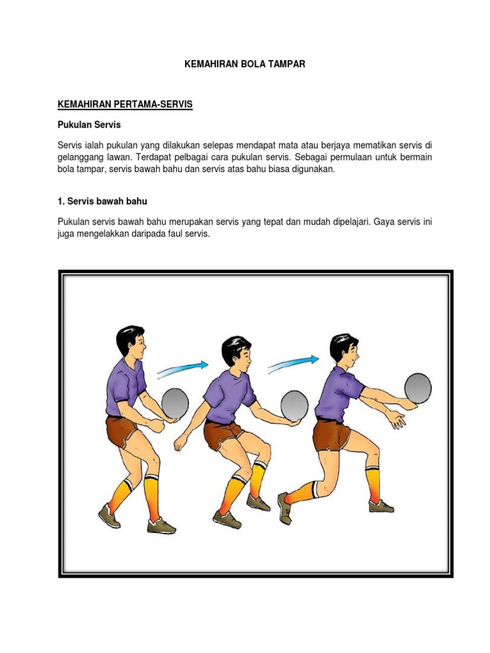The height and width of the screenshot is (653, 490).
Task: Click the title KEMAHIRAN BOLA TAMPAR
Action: [244, 64]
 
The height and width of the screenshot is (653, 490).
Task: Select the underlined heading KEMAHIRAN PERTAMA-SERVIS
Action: [125, 104]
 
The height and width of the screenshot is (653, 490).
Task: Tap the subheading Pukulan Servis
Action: [89, 124]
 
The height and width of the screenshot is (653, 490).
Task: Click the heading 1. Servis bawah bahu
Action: [102, 201]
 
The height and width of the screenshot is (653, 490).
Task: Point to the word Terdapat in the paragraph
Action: [153, 158]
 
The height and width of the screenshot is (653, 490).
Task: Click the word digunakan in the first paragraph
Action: [314, 170]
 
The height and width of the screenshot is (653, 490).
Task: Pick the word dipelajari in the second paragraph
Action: [352, 222]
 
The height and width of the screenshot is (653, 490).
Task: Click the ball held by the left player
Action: [175, 404]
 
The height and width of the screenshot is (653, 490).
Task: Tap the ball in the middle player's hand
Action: [295, 406]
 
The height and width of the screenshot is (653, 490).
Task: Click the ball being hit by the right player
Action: [418, 388]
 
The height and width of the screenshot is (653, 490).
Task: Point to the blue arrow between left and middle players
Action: [182, 369]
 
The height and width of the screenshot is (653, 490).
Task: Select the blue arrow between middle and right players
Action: [293, 363]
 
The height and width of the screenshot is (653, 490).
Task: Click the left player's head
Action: [130, 342]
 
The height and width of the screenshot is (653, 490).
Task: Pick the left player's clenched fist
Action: [158, 425]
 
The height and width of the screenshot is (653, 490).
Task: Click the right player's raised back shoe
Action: [285, 508]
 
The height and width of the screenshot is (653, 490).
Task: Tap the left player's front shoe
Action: [161, 526]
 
